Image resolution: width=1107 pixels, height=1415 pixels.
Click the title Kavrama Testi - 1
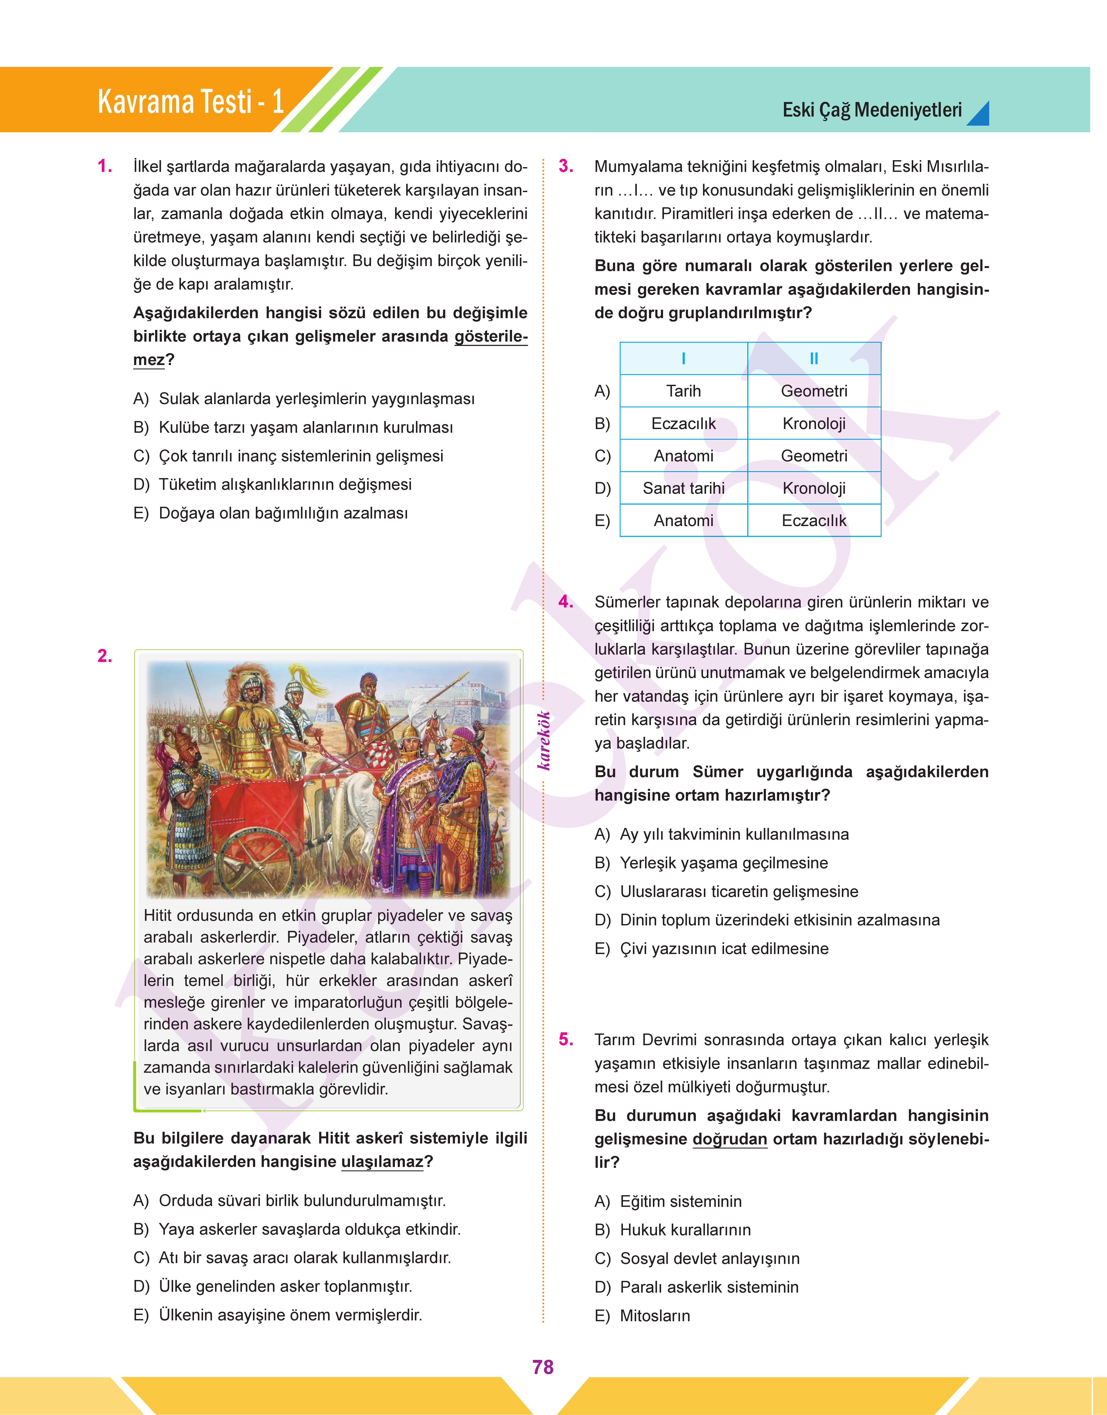click(x=191, y=102)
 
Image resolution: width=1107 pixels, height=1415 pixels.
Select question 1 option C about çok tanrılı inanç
click(x=301, y=456)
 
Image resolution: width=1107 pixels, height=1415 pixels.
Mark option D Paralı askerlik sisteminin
click(x=708, y=1287)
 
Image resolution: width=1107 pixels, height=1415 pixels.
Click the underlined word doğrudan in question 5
click(x=730, y=1139)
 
